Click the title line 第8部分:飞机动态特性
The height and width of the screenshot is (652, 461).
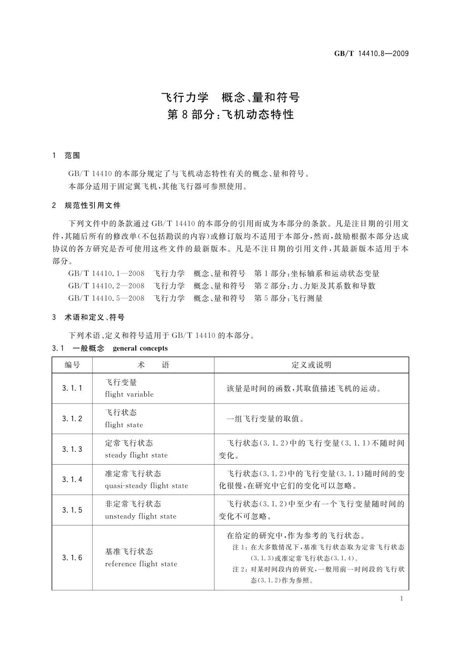click(x=230, y=115)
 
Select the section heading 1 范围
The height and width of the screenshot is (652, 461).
click(x=66, y=156)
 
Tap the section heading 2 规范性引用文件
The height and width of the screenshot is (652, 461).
click(x=86, y=206)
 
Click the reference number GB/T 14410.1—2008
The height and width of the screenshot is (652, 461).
click(x=106, y=274)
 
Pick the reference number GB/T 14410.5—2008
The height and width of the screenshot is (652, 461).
click(x=106, y=298)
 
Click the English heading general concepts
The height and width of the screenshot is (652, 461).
click(x=140, y=348)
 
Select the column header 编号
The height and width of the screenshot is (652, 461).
click(x=72, y=365)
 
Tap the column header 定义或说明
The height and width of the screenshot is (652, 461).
click(x=311, y=365)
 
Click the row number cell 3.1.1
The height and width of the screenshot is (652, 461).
click(x=72, y=388)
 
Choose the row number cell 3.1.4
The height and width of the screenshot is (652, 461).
click(x=72, y=480)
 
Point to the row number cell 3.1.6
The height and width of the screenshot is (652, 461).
click(x=72, y=558)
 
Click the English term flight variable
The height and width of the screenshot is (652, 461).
click(x=129, y=395)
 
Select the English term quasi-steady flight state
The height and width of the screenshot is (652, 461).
click(x=146, y=486)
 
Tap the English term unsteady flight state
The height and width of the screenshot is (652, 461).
click(x=141, y=516)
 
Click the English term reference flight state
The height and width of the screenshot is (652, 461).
click(x=141, y=564)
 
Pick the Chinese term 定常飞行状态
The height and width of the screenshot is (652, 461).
click(x=129, y=443)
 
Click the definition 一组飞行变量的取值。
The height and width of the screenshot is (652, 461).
click(x=265, y=419)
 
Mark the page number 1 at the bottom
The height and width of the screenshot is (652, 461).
click(x=402, y=599)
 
